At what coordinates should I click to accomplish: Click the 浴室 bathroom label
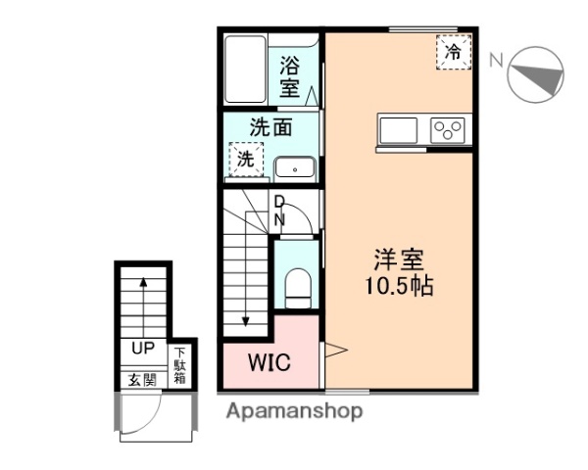[x=289, y=76]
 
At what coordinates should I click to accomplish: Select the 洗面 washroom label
[x=270, y=127]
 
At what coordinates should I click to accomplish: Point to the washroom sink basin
[x=294, y=168]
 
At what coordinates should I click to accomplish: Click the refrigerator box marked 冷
[x=452, y=51]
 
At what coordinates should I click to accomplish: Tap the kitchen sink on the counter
[x=398, y=130]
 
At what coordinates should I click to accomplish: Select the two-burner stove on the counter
[x=449, y=130]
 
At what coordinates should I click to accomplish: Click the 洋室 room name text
[x=398, y=261]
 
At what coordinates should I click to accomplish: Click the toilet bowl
[x=296, y=287]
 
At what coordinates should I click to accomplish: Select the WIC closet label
[x=269, y=362]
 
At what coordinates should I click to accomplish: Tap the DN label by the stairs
[x=279, y=211]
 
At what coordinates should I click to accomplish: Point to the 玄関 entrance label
[x=141, y=379]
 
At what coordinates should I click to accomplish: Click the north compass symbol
[x=538, y=73]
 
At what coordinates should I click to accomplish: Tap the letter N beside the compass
[x=496, y=60]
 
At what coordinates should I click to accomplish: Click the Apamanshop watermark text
[x=294, y=411]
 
